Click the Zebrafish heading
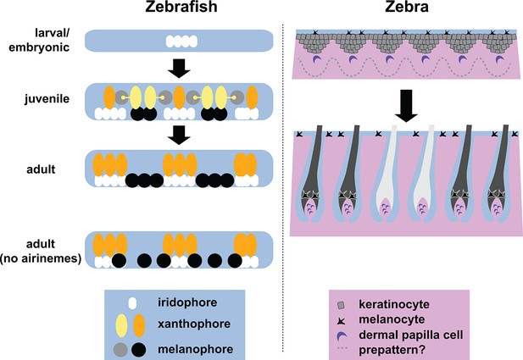pos(181,7)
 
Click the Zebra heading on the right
pos(407,7)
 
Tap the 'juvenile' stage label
pos(47,99)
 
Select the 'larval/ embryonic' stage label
pos(39,40)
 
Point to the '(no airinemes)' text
pos(41,258)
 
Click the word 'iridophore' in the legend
pos(187,302)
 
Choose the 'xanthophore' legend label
pos(194,324)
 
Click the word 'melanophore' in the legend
pos(196,349)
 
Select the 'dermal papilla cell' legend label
pos(411,335)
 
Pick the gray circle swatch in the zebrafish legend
pos(120,350)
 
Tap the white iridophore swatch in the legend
pos(133,303)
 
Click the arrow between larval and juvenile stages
pos(179,69)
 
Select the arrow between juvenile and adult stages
pos(179,135)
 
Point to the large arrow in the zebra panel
pos(406,106)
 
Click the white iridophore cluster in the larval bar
pos(181,42)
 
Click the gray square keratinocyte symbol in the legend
pos(341,305)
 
